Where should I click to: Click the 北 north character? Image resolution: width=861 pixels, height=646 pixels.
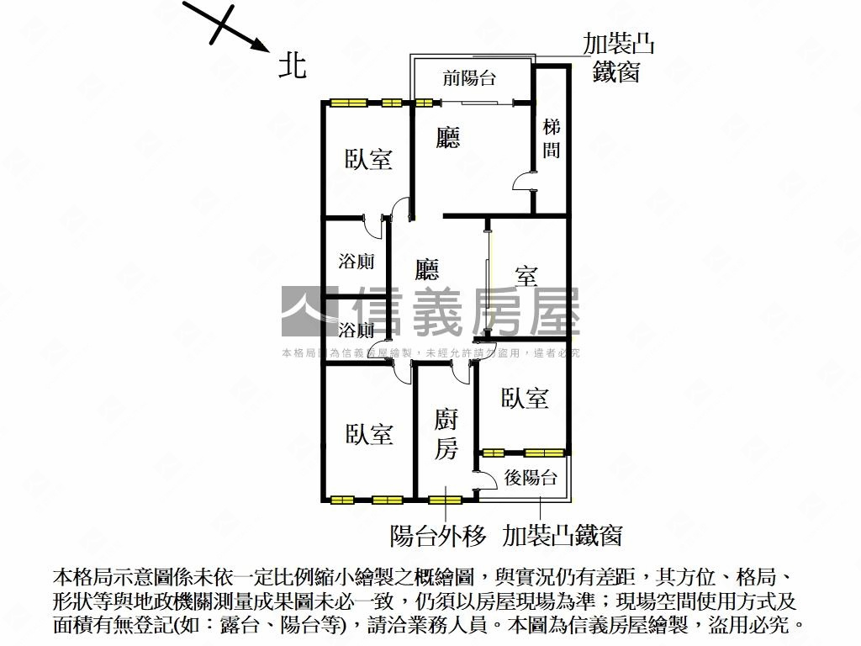[292, 65]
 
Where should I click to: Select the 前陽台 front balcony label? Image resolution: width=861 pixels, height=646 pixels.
[469, 79]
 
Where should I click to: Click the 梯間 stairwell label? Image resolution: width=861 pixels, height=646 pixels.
[552, 139]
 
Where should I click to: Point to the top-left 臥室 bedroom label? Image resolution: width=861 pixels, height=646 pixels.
[368, 159]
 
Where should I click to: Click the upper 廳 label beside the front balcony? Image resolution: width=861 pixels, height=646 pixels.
[448, 137]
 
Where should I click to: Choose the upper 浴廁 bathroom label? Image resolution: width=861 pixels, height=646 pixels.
[357, 262]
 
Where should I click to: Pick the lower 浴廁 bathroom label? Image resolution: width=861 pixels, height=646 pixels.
[357, 329]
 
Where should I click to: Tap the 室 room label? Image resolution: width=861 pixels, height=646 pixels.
[526, 275]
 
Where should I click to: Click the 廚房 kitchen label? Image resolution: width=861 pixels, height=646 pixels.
[446, 435]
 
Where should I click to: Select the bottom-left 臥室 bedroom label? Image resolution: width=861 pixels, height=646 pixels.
[368, 434]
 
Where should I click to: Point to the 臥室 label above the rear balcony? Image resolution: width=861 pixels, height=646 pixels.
[525, 398]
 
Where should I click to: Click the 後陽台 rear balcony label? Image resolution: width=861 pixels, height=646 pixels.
[530, 479]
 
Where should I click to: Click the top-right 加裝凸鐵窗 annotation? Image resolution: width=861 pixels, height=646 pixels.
[618, 58]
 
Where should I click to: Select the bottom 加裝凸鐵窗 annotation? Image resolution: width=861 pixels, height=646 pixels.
[562, 535]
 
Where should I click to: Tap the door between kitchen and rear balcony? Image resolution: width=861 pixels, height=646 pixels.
[483, 482]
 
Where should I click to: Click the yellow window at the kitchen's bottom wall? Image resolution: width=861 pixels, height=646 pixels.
[445, 500]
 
